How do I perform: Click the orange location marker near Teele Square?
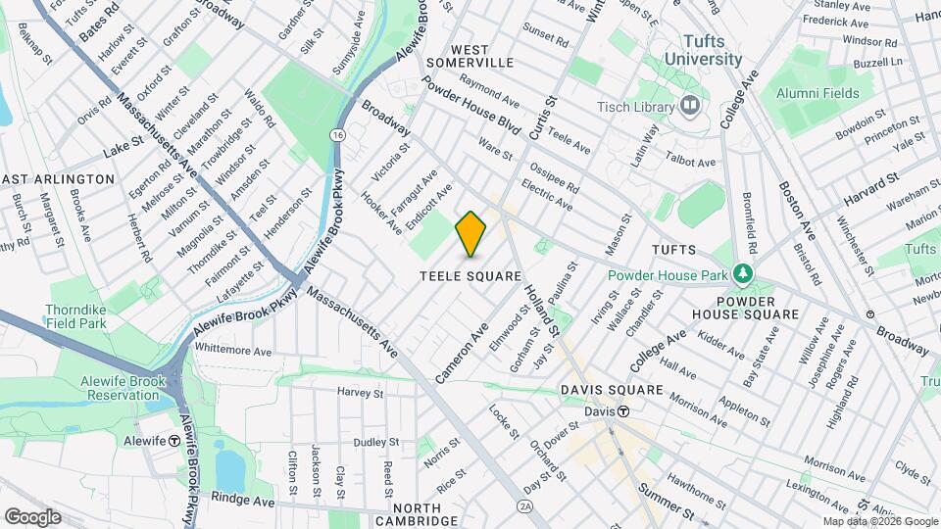(x=471, y=233)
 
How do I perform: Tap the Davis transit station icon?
(x=622, y=411)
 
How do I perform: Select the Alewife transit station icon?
(x=174, y=441)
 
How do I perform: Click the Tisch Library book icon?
(x=690, y=105)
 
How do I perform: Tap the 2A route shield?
(x=525, y=505)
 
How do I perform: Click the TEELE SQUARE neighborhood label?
(x=470, y=277)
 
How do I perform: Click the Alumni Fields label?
(x=815, y=91)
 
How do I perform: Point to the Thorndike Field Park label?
(x=74, y=316)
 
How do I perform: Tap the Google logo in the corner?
(x=32, y=516)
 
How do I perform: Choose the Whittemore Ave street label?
(x=232, y=350)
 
